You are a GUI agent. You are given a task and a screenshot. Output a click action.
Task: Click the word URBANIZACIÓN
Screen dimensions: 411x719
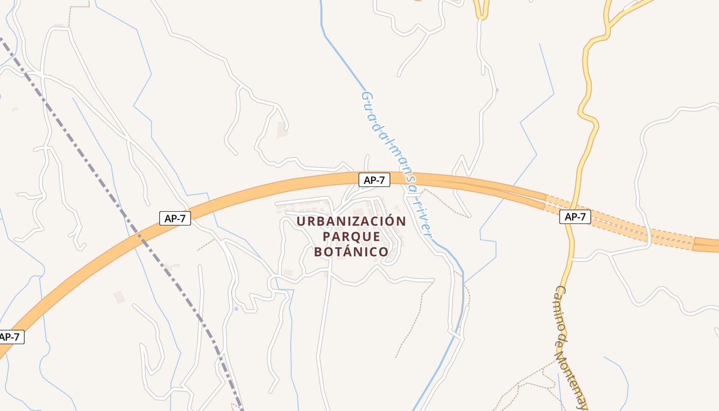pyautogui.click(x=351, y=221)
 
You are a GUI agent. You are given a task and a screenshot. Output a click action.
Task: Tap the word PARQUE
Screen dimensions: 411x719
pyautogui.click(x=351, y=237)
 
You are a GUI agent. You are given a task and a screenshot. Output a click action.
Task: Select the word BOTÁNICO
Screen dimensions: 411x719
pyautogui.click(x=351, y=252)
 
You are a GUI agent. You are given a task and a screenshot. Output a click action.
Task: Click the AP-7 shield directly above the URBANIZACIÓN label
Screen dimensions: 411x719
pyautogui.click(x=374, y=180)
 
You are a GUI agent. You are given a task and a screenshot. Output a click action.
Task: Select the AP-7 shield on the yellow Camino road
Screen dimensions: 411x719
pyautogui.click(x=575, y=217)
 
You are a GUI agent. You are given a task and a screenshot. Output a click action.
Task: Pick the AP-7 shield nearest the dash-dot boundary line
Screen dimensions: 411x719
pyautogui.click(x=175, y=218)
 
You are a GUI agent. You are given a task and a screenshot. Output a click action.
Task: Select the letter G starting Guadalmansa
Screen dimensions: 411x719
pyautogui.click(x=366, y=96)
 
